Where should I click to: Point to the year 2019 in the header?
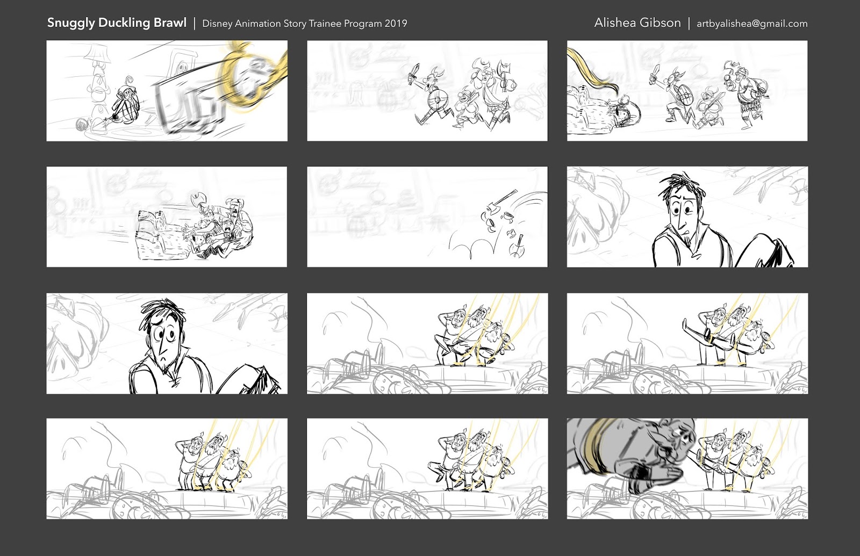tap(396, 24)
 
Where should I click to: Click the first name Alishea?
tap(615, 23)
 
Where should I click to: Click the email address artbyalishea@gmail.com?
tap(751, 24)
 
